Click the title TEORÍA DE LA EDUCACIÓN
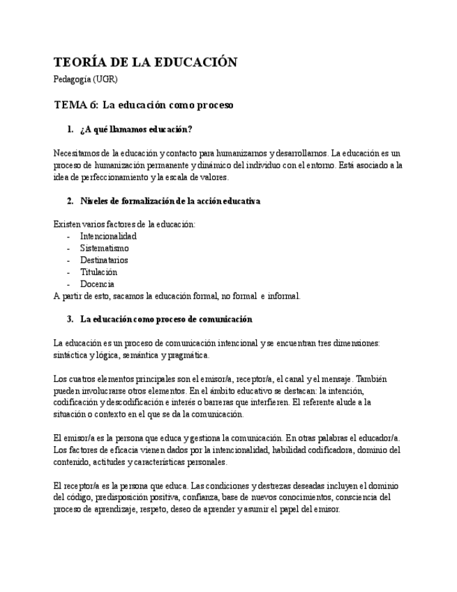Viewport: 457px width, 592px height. [x=145, y=62]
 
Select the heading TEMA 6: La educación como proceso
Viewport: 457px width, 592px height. [x=143, y=105]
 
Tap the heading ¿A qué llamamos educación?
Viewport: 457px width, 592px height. [x=136, y=129]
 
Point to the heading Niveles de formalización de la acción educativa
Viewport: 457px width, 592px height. [x=170, y=201]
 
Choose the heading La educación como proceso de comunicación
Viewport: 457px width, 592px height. [x=166, y=319]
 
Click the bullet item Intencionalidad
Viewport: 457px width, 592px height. [x=108, y=236]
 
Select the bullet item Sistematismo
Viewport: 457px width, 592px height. [x=104, y=248]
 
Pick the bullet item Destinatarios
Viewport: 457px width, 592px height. [x=104, y=260]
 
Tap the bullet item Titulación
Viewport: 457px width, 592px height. [x=98, y=272]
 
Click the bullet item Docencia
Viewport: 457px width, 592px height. [x=97, y=283]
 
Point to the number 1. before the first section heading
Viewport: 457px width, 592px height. [x=70, y=129]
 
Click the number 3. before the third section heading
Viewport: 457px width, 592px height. [x=70, y=319]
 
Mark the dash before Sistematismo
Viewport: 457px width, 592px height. [x=68, y=248]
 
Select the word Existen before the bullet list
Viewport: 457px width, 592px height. [x=66, y=224]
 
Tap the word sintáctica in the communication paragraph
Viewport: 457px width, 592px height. [x=69, y=355]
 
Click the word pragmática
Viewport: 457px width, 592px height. [x=188, y=355]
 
